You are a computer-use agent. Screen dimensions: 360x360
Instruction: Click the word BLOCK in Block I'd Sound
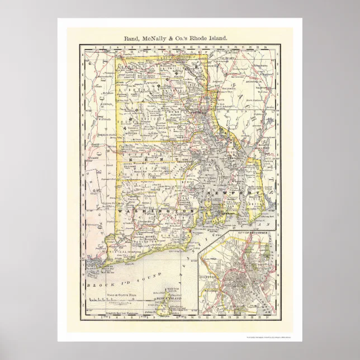point(101,285)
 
